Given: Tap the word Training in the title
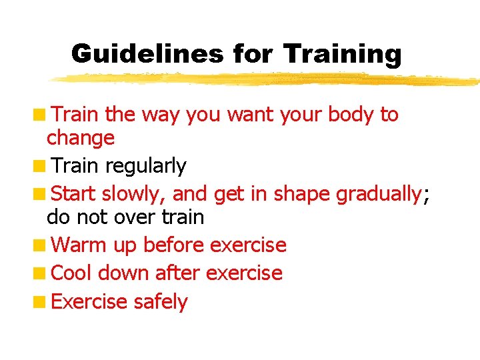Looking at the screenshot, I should click(342, 53).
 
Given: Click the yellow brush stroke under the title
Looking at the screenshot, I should click(267, 79).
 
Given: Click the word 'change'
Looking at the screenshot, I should click(81, 139).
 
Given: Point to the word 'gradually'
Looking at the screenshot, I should click(379, 194).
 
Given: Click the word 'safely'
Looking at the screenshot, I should click(161, 302).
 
